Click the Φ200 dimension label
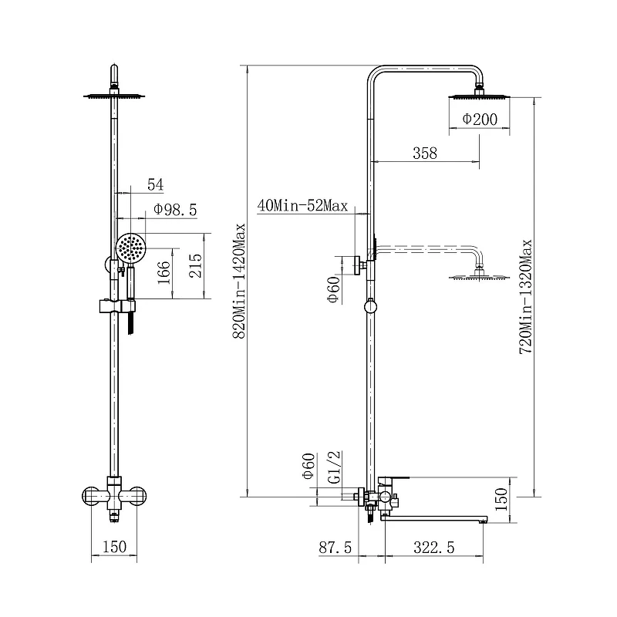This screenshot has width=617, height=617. (x=479, y=119)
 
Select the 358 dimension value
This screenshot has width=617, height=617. (x=425, y=153)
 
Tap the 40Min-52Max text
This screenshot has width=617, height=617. (x=302, y=205)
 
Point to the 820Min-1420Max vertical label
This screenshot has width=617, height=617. (x=239, y=281)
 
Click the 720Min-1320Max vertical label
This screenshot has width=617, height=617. (x=526, y=297)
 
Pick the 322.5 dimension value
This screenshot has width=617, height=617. (x=434, y=548)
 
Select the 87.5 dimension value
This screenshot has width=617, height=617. (x=335, y=548)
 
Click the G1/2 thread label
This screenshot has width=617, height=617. (x=334, y=467)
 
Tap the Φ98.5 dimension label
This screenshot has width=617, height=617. (x=175, y=209)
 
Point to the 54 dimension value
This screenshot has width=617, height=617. (x=156, y=184)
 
